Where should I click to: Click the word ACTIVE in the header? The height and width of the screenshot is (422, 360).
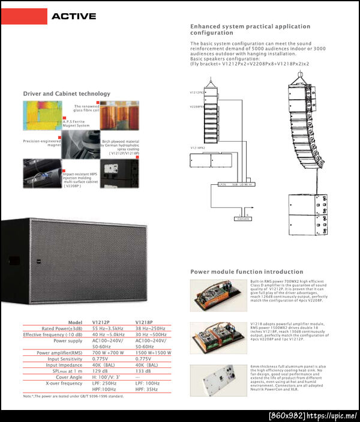pyautogui.click(x=73, y=16)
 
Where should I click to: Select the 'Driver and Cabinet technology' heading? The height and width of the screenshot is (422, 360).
pyautogui.click(x=67, y=94)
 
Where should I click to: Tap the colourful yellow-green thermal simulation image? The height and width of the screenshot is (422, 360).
pyautogui.click(x=42, y=114)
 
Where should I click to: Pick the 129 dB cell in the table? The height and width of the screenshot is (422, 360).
pyautogui.click(x=101, y=371)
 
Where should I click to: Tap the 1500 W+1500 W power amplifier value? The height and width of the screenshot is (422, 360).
pyautogui.click(x=153, y=353)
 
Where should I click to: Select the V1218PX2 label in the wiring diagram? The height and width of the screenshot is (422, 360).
pyautogui.click(x=198, y=148)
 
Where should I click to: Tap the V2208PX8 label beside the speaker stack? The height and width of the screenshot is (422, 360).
pyautogui.click(x=197, y=106)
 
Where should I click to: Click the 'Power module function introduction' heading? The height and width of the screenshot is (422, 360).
pyautogui.click(x=247, y=271)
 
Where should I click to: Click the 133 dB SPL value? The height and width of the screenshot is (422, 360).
pyautogui.click(x=143, y=371)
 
